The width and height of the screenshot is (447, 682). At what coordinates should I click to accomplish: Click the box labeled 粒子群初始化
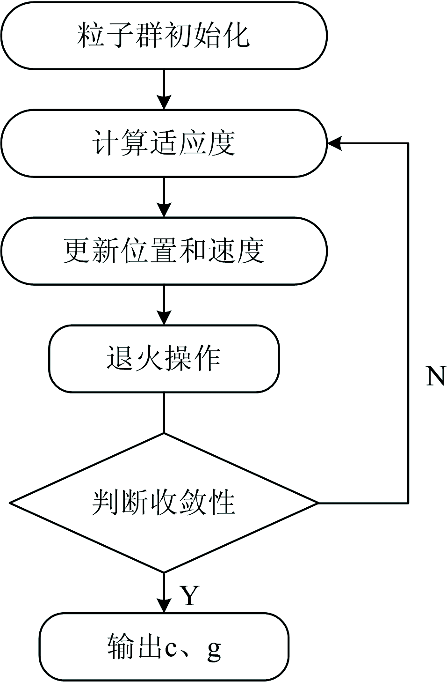point(164,36)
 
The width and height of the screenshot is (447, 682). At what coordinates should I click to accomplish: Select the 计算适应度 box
point(164,143)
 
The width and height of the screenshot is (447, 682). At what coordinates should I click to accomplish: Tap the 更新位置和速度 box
point(164,251)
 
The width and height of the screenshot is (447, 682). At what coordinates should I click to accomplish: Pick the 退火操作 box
point(164,359)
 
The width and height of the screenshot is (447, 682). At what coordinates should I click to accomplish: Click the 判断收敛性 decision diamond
point(164,503)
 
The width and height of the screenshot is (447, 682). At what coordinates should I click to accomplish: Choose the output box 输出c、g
point(164,647)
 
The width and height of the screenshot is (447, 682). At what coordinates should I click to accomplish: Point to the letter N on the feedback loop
point(435,376)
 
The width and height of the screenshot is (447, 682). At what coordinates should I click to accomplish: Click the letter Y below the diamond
point(189,596)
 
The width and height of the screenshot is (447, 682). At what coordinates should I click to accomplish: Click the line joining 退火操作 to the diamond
point(164,412)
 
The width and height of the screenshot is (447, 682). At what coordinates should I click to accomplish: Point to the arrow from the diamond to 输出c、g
point(164,592)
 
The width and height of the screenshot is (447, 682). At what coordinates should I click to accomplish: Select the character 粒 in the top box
point(91,36)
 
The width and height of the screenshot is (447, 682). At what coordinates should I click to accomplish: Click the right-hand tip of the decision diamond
point(317,503)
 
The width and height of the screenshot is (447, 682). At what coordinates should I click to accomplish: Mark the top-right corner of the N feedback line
point(408,143)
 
